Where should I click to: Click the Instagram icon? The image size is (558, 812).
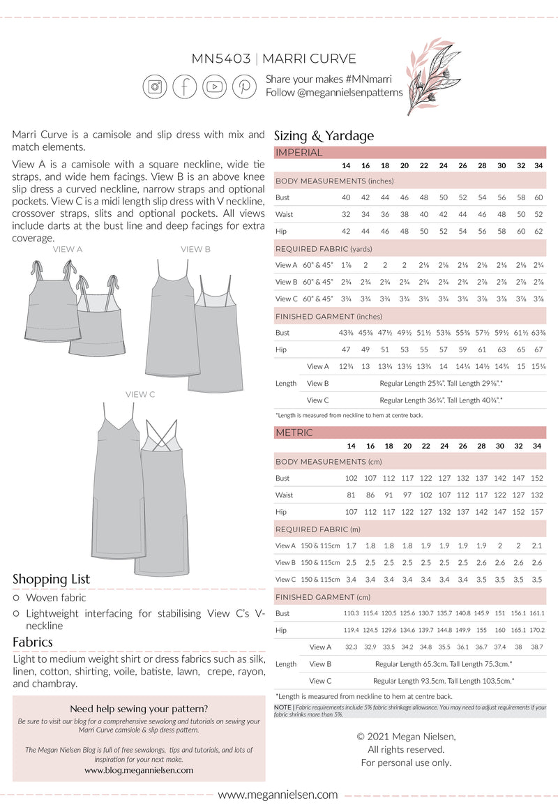pyautogui.click(x=155, y=87)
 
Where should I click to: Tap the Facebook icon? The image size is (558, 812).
pyautogui.click(x=185, y=87)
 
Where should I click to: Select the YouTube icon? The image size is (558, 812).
pyautogui.click(x=215, y=87)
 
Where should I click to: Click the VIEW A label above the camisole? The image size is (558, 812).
pyautogui.click(x=68, y=249)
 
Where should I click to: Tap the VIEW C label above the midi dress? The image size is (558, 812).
pyautogui.click(x=140, y=394)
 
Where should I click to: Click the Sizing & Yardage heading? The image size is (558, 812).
pyautogui.click(x=324, y=136)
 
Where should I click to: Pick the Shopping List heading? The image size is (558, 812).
pyautogui.click(x=51, y=579)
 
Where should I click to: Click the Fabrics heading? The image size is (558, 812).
pyautogui.click(x=33, y=642)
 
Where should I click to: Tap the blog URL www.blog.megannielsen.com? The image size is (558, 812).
pyautogui.click(x=139, y=770)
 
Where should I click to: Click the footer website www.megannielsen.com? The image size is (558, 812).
pyautogui.click(x=278, y=795)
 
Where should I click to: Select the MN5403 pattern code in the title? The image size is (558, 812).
pyautogui.click(x=221, y=59)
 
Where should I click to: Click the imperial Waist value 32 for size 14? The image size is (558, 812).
pyautogui.click(x=346, y=214)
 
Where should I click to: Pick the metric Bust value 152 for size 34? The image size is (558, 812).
pyautogui.click(x=537, y=479)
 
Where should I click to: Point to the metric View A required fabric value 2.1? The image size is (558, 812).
pyautogui.click(x=537, y=546)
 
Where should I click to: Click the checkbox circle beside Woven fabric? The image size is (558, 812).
pyautogui.click(x=17, y=598)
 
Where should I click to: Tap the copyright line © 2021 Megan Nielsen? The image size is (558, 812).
pyautogui.click(x=406, y=736)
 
